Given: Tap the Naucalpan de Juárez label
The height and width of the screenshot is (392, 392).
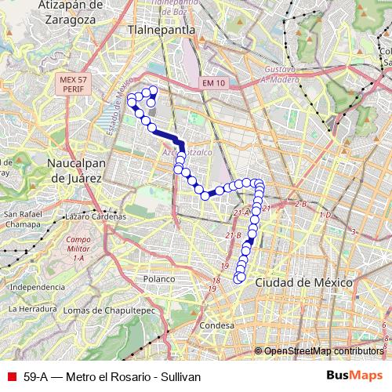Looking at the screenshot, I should click(x=75, y=171).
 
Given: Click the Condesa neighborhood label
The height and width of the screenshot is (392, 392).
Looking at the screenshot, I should click(x=217, y=325).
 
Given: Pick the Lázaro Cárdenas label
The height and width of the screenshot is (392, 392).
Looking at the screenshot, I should click(x=95, y=216).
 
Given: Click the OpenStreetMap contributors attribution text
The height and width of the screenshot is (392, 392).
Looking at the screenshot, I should click(x=323, y=350).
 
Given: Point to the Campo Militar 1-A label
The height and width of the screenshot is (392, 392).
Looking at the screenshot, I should click(x=78, y=249).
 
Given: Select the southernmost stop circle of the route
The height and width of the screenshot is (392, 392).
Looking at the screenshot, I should click(x=239, y=278).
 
